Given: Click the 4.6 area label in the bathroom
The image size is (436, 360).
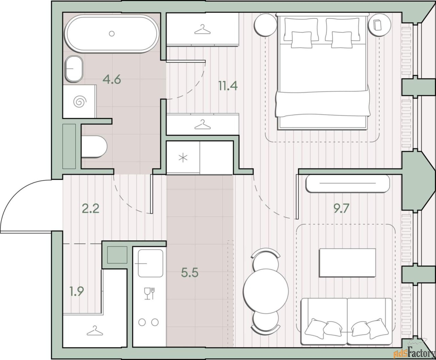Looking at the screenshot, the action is point(112,80).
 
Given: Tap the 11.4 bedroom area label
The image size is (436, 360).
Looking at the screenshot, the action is point(228,86).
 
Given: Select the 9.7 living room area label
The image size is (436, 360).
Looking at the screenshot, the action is point(341,208).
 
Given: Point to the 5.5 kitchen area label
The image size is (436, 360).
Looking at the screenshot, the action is point(190,273).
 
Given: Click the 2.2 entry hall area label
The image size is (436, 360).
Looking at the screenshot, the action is point(91,208).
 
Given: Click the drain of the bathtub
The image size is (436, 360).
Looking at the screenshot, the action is point(112,33).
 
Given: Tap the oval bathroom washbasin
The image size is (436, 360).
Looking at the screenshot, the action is point(74,69).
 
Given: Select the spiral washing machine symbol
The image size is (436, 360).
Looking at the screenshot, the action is point(80,101).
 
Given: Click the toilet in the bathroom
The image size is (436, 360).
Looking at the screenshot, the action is point(94,147).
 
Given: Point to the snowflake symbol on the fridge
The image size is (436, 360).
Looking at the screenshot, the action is point(183,158).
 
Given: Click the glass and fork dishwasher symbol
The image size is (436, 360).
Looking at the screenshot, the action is point(150,293).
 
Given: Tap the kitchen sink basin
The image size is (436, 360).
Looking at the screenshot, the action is point(150,263).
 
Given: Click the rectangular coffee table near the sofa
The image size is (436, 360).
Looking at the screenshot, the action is point(347,263).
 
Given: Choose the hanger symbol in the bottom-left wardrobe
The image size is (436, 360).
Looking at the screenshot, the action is point(95,330).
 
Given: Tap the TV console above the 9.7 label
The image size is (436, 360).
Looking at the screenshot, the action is point(348,183).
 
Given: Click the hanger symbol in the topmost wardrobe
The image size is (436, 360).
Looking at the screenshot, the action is point(202,29).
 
